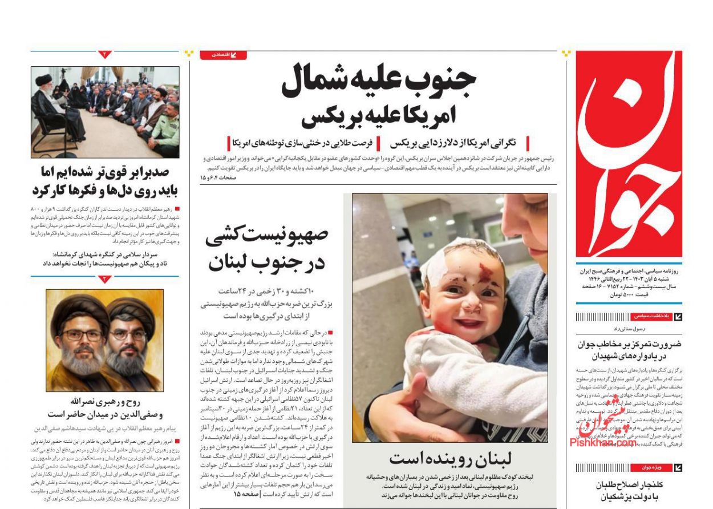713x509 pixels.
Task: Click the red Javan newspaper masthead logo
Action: pyautogui.click(x=629, y=154)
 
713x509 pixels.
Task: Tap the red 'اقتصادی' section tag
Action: pyautogui.click(x=223, y=55)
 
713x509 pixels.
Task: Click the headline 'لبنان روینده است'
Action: pyautogui.click(x=451, y=458)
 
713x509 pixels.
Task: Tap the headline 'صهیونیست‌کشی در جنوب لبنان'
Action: pyautogui.click(x=266, y=248)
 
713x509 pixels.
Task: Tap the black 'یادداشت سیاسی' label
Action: pyautogui.click(x=649, y=316)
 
